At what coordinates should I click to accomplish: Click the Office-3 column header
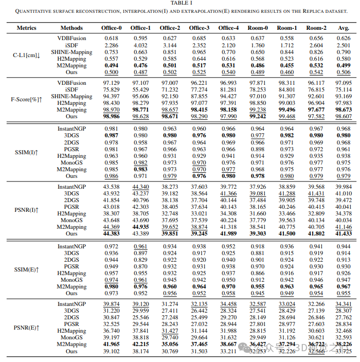199,28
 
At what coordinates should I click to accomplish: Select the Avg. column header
344,28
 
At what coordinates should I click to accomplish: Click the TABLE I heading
179,3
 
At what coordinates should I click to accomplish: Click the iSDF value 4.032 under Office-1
140,45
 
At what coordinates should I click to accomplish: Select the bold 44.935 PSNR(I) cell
140,227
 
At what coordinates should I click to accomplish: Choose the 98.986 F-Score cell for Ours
111,117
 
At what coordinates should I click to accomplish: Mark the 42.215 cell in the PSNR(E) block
140,344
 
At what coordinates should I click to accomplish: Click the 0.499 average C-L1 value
344,66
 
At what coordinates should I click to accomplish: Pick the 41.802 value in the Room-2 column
316,234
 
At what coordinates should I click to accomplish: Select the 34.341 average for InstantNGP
344,304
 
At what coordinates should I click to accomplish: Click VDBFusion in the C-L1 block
71,38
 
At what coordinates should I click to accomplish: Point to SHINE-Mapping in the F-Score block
71,96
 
